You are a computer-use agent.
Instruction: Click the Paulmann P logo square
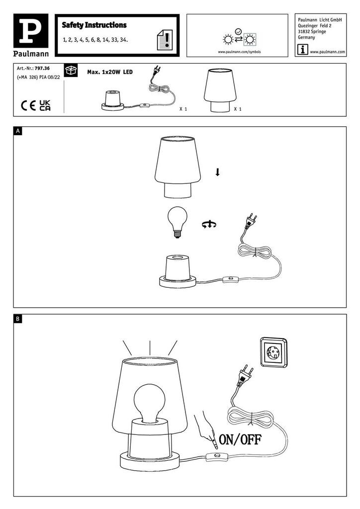(x=31, y=30)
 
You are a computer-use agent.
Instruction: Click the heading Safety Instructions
(x=94, y=25)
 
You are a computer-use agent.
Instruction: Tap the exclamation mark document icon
(x=165, y=40)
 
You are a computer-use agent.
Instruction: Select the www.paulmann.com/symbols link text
(x=239, y=52)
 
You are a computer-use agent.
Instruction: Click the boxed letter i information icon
(x=302, y=50)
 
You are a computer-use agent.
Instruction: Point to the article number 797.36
(x=42, y=69)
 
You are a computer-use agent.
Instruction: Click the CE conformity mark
(x=28, y=105)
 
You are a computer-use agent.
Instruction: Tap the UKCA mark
(x=45, y=105)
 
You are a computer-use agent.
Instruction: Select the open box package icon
(x=71, y=70)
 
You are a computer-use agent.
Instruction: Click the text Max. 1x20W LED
(x=110, y=72)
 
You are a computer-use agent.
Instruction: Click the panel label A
(x=18, y=131)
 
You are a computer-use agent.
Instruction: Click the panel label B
(x=18, y=319)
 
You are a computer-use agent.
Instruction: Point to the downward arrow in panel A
(x=217, y=172)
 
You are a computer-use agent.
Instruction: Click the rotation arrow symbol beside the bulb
(x=209, y=224)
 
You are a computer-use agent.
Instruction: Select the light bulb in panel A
(x=177, y=222)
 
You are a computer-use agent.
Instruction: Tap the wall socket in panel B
(x=273, y=352)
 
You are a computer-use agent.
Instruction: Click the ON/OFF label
(x=240, y=439)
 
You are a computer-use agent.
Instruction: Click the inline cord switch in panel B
(x=218, y=457)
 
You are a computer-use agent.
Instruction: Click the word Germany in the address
(x=306, y=37)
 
